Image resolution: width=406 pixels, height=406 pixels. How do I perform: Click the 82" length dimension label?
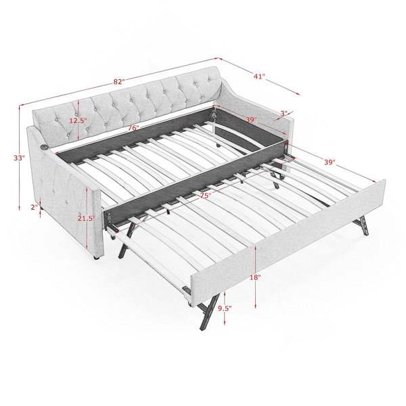point(119,82)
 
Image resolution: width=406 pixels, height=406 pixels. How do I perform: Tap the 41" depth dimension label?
point(259,76)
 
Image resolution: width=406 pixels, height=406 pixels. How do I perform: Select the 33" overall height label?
point(19,158)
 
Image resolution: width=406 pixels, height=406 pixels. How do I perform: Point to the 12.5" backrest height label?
point(78,120)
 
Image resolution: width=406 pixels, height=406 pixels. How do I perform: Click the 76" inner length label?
point(133,128)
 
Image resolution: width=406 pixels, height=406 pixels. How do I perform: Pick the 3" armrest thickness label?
point(284,114)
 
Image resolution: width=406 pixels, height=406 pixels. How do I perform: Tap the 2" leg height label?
point(35,207)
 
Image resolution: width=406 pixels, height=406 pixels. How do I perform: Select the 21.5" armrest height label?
point(87,219)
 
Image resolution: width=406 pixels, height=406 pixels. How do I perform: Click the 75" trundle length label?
point(205,196)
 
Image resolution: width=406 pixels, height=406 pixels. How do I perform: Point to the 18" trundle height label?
point(255,277)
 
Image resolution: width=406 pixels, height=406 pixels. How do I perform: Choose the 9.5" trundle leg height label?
point(225,309)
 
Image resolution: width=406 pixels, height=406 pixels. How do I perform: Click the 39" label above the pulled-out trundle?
point(330,162)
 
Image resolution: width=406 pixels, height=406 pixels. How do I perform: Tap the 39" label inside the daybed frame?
point(251,120)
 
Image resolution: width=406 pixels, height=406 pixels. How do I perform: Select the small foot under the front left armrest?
point(96,258)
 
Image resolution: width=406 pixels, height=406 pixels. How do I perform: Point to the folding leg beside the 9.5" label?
point(208,311)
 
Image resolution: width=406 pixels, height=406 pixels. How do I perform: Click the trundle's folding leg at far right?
point(361,225)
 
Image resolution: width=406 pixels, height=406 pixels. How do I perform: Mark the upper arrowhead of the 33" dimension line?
point(20,106)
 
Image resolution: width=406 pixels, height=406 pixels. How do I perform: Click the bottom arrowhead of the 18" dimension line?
point(256,307)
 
